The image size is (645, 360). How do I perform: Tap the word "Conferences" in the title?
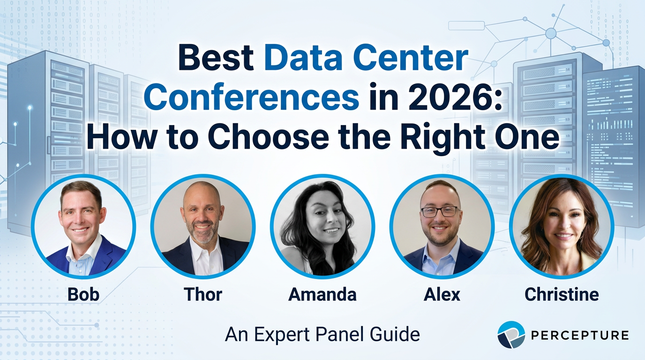pyautogui.click(x=251, y=97)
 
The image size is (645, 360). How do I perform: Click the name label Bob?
pyautogui.click(x=83, y=294)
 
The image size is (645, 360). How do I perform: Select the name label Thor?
pyautogui.click(x=203, y=294)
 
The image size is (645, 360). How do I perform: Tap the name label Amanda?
pyautogui.click(x=322, y=294)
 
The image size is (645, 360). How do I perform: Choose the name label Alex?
pyautogui.click(x=442, y=294)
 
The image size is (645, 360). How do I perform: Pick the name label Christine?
pyautogui.click(x=562, y=294)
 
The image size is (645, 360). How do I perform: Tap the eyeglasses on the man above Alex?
pyautogui.click(x=439, y=211)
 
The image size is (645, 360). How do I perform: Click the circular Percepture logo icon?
pyautogui.click(x=511, y=335)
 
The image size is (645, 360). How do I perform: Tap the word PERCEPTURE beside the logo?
pyautogui.click(x=580, y=335)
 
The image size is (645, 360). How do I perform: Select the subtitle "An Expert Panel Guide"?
pyautogui.click(x=322, y=334)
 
